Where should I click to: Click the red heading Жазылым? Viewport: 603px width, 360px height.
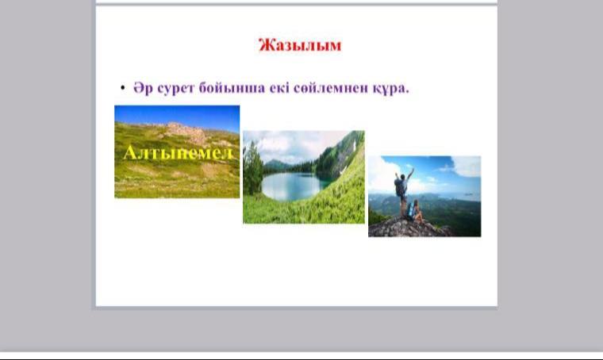(300, 45)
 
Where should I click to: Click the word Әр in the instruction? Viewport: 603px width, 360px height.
(143, 88)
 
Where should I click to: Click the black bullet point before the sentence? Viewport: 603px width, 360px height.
(123, 88)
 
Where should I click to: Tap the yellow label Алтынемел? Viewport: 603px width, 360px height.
(179, 153)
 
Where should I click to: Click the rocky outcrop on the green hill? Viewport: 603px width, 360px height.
(186, 132)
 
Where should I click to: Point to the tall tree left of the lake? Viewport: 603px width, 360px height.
(252, 169)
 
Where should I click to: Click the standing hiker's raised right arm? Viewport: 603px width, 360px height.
(410, 174)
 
